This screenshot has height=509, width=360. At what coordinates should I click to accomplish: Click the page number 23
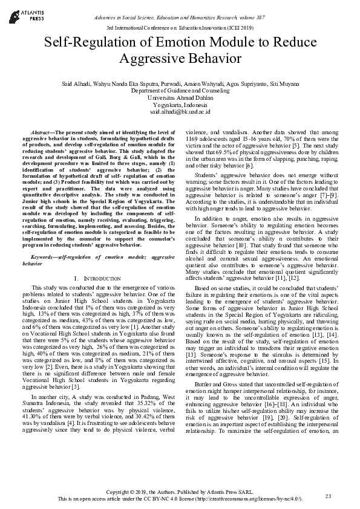(329, 496)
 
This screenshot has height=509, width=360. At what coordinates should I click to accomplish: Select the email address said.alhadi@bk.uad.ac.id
(180, 112)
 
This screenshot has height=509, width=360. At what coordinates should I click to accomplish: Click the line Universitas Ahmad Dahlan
(180, 97)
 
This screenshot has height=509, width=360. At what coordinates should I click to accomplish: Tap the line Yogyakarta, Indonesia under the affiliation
(180, 105)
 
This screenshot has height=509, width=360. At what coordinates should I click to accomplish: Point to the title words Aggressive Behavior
(180, 59)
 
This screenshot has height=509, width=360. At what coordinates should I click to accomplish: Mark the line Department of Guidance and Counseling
(180, 90)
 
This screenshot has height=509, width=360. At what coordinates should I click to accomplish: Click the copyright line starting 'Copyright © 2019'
(180, 491)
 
